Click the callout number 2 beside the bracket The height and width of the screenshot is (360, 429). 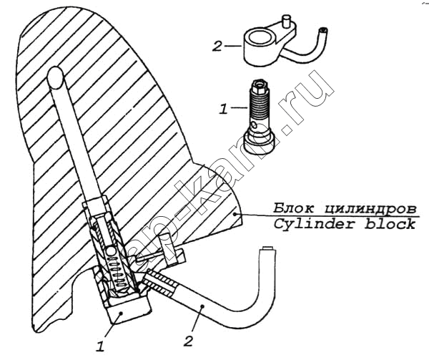217,47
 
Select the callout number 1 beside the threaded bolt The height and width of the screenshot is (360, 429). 223,110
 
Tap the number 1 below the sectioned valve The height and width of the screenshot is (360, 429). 100,346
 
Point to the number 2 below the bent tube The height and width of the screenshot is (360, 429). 188,341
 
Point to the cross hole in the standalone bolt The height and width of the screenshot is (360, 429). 255,126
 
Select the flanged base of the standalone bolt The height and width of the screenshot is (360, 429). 259,143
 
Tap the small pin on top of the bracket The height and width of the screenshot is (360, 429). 286,21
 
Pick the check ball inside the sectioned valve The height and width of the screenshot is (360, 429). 111,250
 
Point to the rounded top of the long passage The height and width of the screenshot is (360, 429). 56,77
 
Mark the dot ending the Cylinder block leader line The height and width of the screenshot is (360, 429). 235,215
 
